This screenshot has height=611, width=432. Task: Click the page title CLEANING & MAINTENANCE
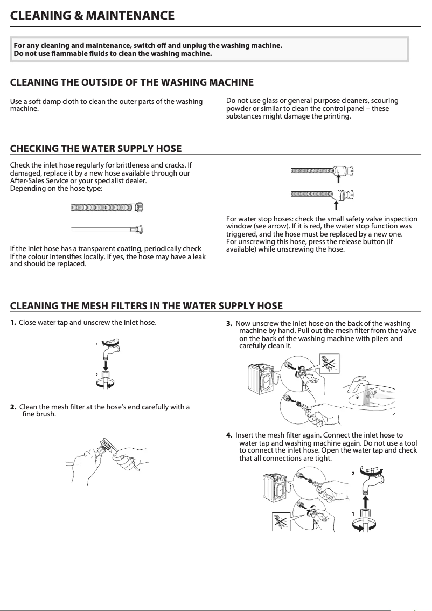[93, 15]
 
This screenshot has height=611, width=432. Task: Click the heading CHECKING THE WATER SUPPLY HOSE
[96, 149]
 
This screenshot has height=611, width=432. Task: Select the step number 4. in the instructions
[229, 435]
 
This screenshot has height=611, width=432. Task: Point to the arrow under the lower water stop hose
[336, 204]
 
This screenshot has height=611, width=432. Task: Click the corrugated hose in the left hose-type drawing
[108, 207]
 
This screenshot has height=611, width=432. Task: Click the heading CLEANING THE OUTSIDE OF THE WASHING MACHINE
[132, 82]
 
